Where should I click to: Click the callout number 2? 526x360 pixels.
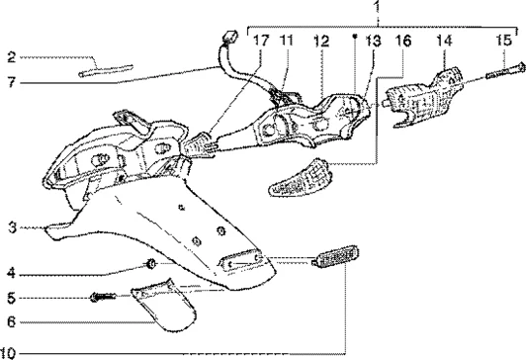(x=12, y=57)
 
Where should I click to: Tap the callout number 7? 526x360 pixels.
(x=12, y=82)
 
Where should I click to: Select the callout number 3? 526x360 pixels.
(x=12, y=227)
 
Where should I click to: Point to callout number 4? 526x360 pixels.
(x=12, y=273)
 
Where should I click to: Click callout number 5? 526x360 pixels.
(x=12, y=298)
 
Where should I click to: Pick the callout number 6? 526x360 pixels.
(x=12, y=322)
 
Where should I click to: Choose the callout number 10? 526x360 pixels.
(x=8, y=353)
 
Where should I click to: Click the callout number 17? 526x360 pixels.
(x=261, y=41)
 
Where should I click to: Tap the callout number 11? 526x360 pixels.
(x=286, y=41)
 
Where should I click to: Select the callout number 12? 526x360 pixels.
(x=321, y=42)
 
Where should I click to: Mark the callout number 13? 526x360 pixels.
(x=374, y=42)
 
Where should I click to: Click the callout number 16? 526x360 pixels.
(x=402, y=42)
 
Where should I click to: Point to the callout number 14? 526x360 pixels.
(x=444, y=41)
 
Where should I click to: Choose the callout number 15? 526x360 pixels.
(x=504, y=41)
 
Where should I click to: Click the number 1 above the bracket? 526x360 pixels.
(x=378, y=6)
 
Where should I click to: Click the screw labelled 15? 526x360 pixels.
(x=505, y=72)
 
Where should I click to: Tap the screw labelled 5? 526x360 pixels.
(x=103, y=297)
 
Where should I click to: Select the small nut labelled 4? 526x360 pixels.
(x=151, y=264)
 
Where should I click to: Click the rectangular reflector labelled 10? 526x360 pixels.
(x=335, y=257)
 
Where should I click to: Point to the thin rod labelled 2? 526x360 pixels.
(x=106, y=70)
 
